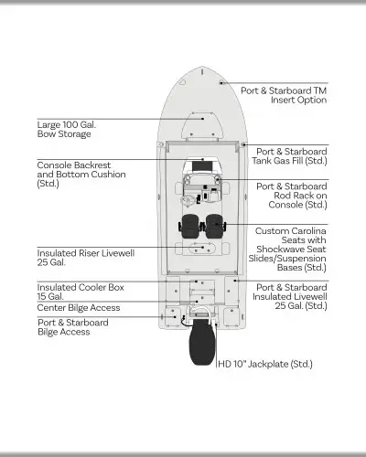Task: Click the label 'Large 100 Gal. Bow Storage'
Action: point(67,130)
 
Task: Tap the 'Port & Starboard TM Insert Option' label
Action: point(284,95)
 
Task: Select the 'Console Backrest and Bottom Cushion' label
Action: point(81,175)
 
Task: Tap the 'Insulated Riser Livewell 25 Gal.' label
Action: point(86,258)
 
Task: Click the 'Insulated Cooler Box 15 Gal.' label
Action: point(81,292)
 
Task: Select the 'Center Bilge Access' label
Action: point(79,307)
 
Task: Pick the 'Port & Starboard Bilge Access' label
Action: point(73,327)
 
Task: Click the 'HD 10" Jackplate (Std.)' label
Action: point(265,364)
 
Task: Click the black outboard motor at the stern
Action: point(202,345)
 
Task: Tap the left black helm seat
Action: point(189,226)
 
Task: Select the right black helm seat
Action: point(214,226)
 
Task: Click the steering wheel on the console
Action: point(188,201)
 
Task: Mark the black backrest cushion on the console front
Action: point(202,166)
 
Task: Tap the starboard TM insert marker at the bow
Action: point(221,82)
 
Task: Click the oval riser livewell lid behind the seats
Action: point(201,249)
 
